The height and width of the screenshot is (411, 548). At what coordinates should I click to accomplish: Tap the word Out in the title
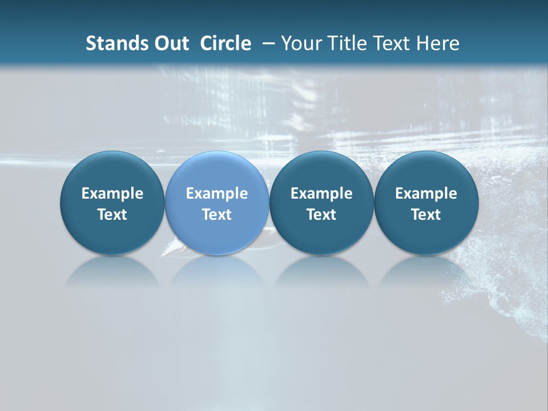(x=170, y=43)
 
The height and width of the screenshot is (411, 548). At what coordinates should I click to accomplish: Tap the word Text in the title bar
(x=390, y=43)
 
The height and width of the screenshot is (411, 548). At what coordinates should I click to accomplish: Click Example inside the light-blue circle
(x=217, y=194)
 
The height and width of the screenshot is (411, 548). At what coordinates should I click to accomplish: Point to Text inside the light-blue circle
(x=217, y=215)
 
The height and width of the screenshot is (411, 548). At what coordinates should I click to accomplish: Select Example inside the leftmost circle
(x=112, y=194)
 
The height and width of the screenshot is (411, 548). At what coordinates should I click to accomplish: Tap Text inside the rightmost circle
(x=426, y=215)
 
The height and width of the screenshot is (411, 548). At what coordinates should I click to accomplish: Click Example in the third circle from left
(x=321, y=194)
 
